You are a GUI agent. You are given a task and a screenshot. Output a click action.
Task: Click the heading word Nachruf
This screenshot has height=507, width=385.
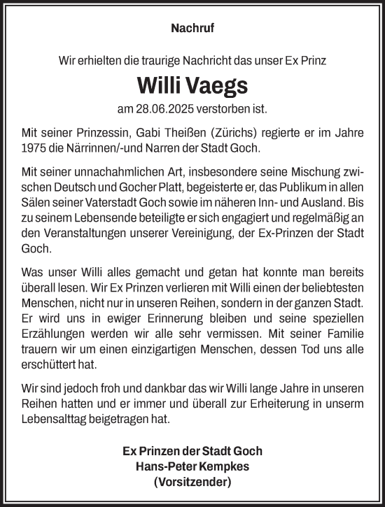point(192,29)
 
